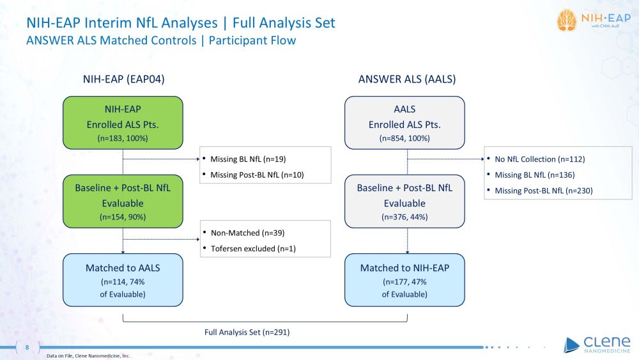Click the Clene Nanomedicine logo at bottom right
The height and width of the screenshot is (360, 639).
click(x=597, y=344)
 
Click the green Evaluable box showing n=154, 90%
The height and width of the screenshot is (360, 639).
click(x=123, y=202)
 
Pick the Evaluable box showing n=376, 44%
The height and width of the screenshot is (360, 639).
click(x=404, y=202)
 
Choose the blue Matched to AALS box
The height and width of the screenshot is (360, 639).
click(x=123, y=280)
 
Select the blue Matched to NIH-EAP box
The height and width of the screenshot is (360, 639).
click(x=404, y=280)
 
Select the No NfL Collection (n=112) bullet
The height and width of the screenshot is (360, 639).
click(x=539, y=159)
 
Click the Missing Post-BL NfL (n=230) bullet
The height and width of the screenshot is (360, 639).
click(x=544, y=190)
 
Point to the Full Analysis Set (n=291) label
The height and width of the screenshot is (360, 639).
click(x=247, y=332)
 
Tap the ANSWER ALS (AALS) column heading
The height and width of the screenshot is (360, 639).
click(x=406, y=79)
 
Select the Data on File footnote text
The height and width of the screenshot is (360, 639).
click(x=88, y=356)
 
